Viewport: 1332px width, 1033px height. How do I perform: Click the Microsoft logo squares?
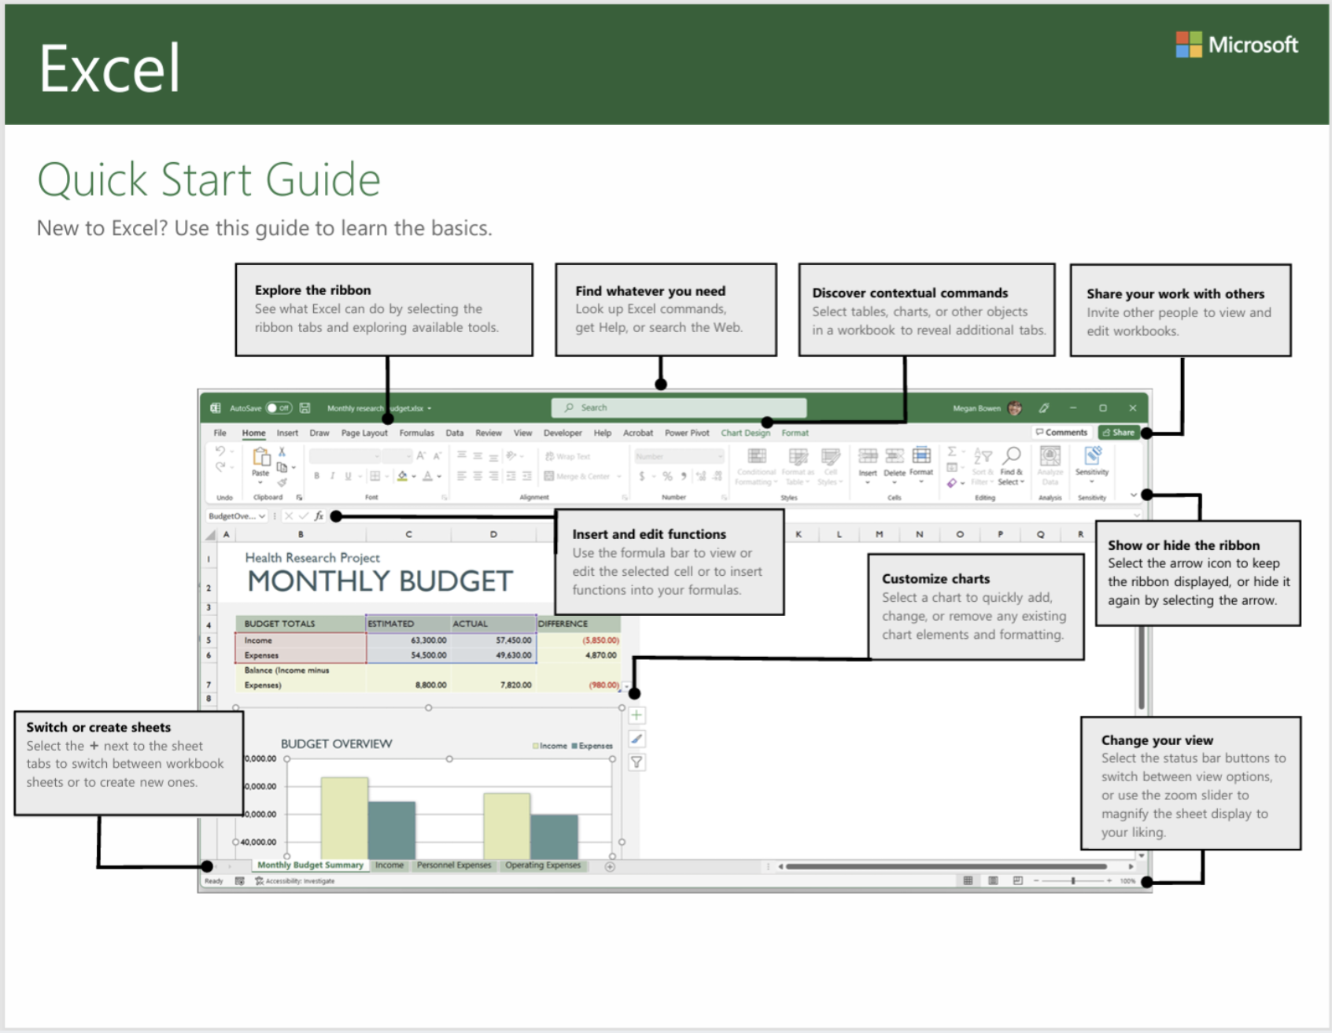coord(1188,45)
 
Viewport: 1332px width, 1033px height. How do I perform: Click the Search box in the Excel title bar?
coord(678,408)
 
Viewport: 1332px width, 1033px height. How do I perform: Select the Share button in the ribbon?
coord(1119,433)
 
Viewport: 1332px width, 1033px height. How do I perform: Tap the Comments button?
coord(1061,433)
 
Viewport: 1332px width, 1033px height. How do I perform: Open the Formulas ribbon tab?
coord(416,433)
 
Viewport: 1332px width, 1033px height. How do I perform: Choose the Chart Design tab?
coord(745,433)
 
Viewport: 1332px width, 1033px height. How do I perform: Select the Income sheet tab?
coord(389,865)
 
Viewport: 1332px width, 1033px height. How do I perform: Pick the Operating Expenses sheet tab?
coord(543,865)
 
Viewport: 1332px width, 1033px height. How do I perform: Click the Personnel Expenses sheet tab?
coord(454,865)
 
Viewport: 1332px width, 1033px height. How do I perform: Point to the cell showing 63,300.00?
coord(428,640)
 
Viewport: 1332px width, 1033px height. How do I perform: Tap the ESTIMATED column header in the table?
coord(391,624)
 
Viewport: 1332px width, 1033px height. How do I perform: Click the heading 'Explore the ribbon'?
coord(312,290)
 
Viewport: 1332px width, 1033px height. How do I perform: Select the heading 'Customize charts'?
coord(935,579)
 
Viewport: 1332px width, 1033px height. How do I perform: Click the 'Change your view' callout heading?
coord(1157,740)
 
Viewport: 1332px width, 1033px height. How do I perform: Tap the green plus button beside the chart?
coord(636,715)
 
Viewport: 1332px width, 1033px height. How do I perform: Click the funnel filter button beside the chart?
coord(636,762)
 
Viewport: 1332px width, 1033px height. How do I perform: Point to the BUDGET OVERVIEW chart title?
coord(336,744)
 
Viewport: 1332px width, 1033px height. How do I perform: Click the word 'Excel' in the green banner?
coord(109,69)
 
